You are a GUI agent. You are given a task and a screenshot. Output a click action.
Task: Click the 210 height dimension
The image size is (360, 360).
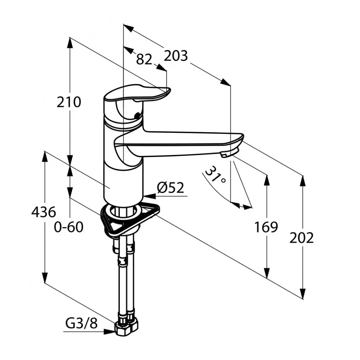69,102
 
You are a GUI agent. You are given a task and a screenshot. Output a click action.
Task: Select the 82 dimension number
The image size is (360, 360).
144,59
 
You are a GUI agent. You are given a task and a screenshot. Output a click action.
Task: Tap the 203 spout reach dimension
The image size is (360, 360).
176,56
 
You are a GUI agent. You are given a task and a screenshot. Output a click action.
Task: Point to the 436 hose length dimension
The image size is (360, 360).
44,212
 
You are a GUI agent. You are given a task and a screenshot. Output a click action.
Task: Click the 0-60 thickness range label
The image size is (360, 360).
68,227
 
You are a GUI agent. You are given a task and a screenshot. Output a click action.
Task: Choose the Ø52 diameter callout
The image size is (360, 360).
171,188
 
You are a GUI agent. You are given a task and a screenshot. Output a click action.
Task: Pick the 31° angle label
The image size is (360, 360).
215,175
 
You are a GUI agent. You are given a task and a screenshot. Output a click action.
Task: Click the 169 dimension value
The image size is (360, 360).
266,227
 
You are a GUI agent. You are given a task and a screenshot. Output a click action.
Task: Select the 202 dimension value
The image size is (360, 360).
301,238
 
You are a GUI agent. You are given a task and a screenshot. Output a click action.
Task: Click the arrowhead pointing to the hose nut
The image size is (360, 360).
109,332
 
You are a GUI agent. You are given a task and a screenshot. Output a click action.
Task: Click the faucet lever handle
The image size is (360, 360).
137,95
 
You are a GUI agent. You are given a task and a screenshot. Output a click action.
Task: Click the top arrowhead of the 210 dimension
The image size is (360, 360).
70,43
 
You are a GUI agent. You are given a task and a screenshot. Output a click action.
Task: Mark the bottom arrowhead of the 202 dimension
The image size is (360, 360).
303,294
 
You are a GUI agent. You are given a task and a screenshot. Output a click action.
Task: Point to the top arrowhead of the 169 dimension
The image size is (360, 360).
267,180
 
